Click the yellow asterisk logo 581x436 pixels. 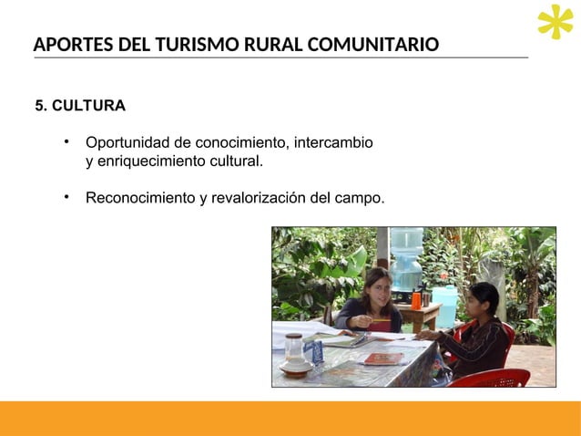(x=555, y=23)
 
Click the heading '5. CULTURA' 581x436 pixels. (x=80, y=106)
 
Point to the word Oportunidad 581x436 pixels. (x=128, y=143)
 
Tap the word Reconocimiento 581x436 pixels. (x=140, y=197)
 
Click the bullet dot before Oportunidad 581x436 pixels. (x=66, y=142)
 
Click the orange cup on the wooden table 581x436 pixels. (x=416, y=299)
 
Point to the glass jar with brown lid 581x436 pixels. (x=293, y=349)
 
